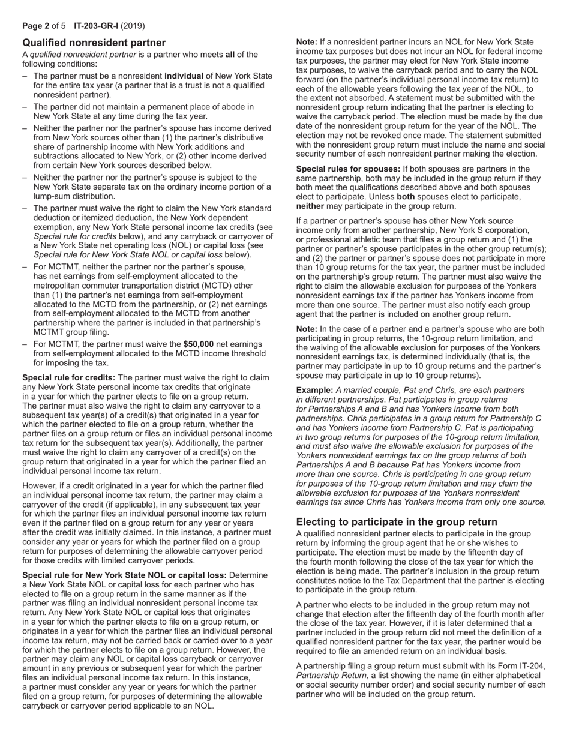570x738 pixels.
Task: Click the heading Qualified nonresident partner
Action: click(94, 43)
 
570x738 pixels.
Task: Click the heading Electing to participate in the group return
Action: click(397, 521)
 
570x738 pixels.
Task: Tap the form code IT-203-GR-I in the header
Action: click(95, 26)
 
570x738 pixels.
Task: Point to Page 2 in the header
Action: click(35, 26)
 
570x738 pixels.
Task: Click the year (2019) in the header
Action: click(132, 26)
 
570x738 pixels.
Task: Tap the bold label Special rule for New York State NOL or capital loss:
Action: click(124, 575)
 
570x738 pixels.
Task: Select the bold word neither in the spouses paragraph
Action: click(310, 206)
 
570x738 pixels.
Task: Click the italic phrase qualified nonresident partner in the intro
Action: click(85, 55)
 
